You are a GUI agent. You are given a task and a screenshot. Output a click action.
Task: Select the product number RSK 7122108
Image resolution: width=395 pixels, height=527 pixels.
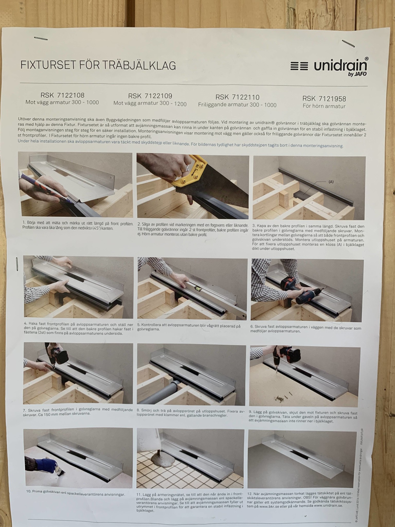point(62,95)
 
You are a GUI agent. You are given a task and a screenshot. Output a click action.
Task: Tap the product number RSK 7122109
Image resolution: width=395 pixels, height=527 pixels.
point(150,96)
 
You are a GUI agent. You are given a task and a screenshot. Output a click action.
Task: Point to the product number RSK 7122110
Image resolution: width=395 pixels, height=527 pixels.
point(237,97)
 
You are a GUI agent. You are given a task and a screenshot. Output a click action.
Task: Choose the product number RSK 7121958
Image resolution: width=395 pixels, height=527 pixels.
point(324,99)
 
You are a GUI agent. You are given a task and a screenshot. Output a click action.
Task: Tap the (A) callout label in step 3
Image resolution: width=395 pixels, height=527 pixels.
point(331,182)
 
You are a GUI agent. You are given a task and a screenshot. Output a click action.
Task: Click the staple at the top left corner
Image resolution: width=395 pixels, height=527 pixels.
point(41,39)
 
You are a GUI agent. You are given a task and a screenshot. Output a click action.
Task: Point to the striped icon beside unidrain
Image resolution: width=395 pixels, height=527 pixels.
point(299,66)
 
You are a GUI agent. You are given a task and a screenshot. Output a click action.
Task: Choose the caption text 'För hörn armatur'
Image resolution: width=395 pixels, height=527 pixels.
point(324,106)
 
